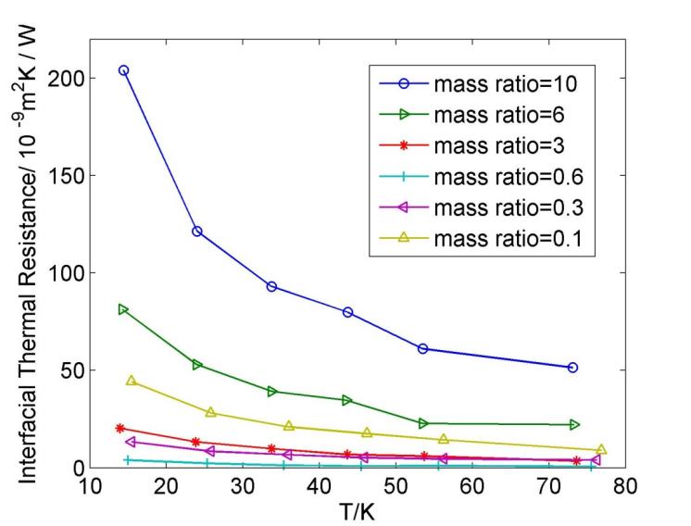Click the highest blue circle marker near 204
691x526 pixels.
coord(123,70)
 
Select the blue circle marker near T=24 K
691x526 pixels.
coord(197,231)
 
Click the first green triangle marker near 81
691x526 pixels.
coord(123,309)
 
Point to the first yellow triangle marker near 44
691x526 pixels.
coord(131,381)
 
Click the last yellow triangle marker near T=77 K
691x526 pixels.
coord(601,450)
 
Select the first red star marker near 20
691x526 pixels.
coord(120,428)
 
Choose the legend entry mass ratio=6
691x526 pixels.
coord(491,115)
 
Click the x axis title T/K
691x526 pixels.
coord(358,510)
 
